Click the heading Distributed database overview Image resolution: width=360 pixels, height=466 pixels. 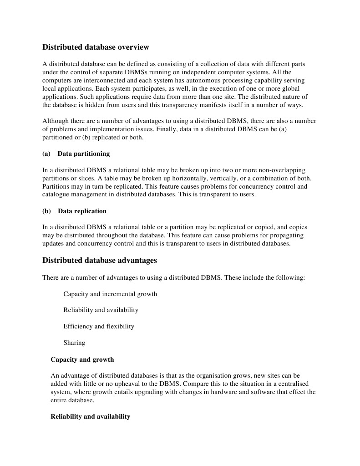point(96,47)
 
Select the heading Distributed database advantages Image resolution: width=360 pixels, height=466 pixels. point(100,260)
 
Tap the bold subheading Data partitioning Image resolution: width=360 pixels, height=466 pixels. point(84,154)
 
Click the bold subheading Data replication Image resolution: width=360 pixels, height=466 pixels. point(82,211)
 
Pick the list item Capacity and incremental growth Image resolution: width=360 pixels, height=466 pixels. point(110,294)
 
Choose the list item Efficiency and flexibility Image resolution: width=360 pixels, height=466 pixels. point(99,326)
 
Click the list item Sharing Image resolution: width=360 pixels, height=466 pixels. point(74,343)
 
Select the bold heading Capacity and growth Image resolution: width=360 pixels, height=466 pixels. point(82,359)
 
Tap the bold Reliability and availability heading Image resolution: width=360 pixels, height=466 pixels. point(91,416)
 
